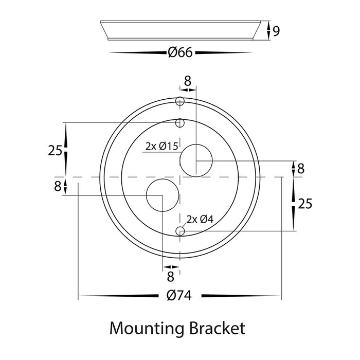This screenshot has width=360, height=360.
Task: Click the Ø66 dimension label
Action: pyautogui.click(x=180, y=52)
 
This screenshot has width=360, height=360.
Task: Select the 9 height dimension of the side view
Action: pyautogui.click(x=276, y=31)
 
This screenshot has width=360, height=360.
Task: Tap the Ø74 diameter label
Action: pyautogui.click(x=179, y=296)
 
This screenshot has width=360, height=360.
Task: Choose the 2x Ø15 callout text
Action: pyautogui.click(x=161, y=147)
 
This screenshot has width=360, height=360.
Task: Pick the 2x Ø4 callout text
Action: pyautogui.click(x=200, y=220)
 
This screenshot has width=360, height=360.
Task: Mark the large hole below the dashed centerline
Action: pyautogui.click(x=163, y=195)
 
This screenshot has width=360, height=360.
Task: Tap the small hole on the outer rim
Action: pyautogui.click(x=179, y=101)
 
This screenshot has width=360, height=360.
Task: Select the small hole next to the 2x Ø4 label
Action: pyautogui.click(x=179, y=231)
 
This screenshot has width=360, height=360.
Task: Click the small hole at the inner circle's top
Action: pyautogui.click(x=179, y=123)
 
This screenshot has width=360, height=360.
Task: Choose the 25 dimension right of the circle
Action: pyautogui.click(x=305, y=204)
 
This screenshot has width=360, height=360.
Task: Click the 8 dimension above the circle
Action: pyautogui.click(x=187, y=81)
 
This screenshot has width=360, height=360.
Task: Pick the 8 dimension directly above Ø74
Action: pyautogui.click(x=171, y=277)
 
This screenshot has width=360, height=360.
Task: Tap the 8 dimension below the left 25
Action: pyautogui.click(x=58, y=186)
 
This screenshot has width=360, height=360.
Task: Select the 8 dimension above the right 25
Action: pyautogui.click(x=301, y=168)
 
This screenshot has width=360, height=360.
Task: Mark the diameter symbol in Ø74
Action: pyautogui.click(x=168, y=296)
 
